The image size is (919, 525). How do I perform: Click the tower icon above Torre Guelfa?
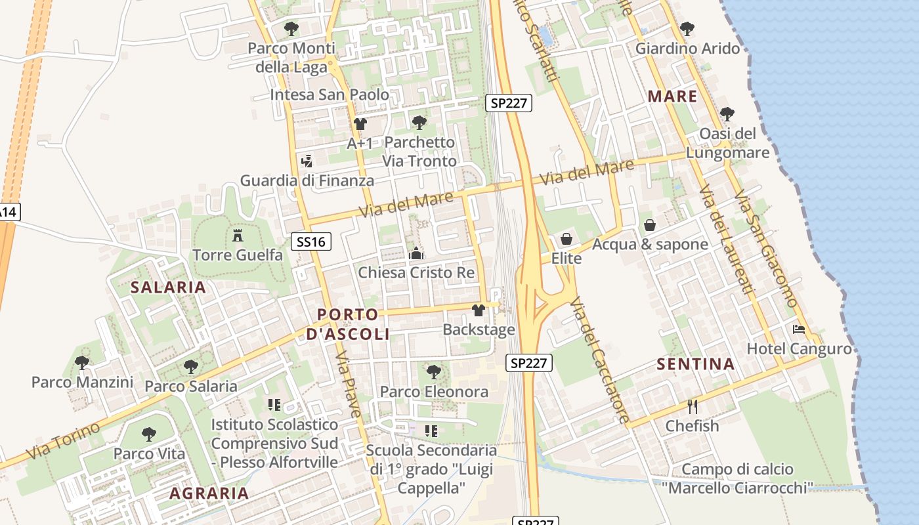tap(238, 236)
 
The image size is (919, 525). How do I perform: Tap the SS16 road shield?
tap(311, 241)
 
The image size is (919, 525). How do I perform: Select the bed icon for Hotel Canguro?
tap(799, 329)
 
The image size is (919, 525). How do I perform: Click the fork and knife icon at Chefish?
tap(692, 406)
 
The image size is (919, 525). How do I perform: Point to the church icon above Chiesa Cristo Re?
tap(416, 253)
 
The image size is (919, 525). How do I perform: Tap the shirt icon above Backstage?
tap(479, 310)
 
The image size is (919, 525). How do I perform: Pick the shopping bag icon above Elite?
tap(566, 239)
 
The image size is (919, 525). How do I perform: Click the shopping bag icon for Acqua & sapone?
tap(650, 225)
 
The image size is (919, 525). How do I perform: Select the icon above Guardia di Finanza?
tap(307, 161)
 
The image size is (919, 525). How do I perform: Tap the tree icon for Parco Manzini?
tap(82, 362)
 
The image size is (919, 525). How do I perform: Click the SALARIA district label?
tap(168, 287)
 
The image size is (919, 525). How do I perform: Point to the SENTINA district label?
tap(696, 364)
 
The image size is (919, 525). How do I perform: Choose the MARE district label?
tap(672, 96)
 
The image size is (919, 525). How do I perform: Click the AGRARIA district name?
tap(209, 493)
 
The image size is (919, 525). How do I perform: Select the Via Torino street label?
tap(64, 440)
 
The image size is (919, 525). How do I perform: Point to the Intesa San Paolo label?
tap(330, 94)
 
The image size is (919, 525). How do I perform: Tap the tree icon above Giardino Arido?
tap(687, 29)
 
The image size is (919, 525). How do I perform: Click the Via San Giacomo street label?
tap(766, 249)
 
